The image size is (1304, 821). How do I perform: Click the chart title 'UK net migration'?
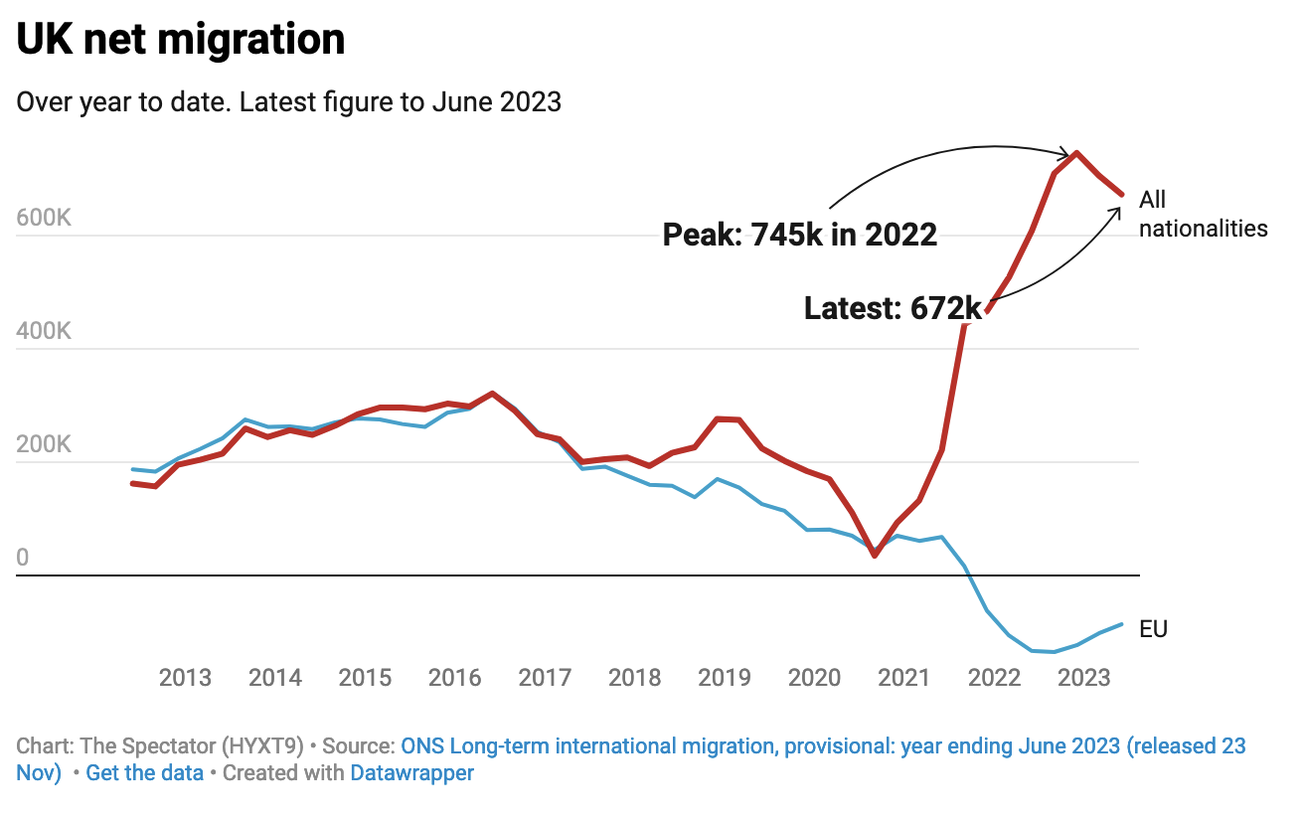(x=181, y=40)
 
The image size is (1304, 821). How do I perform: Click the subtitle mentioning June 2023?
(x=288, y=102)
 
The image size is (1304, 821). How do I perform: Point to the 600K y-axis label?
(x=44, y=219)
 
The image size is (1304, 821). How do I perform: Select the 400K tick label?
(x=44, y=332)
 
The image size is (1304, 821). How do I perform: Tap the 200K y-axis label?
(x=44, y=444)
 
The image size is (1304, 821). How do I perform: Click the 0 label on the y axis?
(x=23, y=558)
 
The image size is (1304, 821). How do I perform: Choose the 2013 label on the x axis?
(x=185, y=679)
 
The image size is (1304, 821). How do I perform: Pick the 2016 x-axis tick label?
(x=454, y=679)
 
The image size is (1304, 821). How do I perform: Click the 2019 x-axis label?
(x=724, y=679)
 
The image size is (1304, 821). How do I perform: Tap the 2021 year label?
(x=903, y=679)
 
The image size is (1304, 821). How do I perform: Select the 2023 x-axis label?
(x=1083, y=679)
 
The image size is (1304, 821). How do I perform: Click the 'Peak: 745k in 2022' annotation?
(x=800, y=235)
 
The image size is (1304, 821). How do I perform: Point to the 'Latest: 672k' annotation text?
(x=893, y=309)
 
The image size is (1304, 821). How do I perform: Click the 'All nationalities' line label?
(x=1203, y=215)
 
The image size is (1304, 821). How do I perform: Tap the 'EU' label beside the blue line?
(x=1153, y=629)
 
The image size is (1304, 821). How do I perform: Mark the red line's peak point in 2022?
(x=1076, y=153)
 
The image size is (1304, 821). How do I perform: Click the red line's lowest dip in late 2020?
(x=875, y=555)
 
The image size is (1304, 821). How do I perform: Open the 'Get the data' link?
(x=145, y=773)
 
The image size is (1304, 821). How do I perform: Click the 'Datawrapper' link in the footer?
(x=411, y=773)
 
